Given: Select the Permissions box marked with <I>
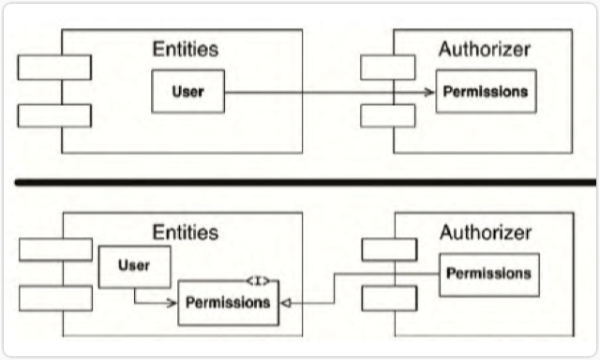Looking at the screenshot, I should pos(228,303).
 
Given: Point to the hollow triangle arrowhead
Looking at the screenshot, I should pos(286,303).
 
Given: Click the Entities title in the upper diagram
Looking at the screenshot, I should pos(187,49).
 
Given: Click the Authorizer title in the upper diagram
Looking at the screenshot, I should pos(484,48).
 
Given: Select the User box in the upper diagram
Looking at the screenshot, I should pos(188,91).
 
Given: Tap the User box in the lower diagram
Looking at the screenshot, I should pos(135,267).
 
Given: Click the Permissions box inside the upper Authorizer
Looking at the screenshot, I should pos(485,92).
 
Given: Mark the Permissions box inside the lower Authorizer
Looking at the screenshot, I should pos(488,275).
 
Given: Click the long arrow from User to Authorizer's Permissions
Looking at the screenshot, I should pos(328,92).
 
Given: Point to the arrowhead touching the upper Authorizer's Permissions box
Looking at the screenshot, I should pos(431,92).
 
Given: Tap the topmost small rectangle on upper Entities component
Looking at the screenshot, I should pos(54,67).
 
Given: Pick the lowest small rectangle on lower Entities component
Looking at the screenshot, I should pos(55,298).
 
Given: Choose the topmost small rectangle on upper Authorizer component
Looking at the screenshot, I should pos(387,67).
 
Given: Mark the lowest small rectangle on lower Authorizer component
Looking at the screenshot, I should pos(388,297).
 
